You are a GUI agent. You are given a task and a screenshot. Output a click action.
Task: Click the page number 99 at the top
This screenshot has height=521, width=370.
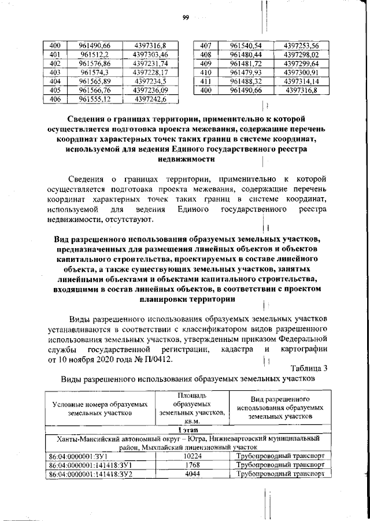pyautogui.click(x=186, y=17)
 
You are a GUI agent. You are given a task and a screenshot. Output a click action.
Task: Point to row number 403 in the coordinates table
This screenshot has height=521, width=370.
pyautogui.click(x=55, y=72)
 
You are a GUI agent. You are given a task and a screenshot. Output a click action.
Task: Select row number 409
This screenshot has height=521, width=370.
pyautogui.click(x=205, y=64)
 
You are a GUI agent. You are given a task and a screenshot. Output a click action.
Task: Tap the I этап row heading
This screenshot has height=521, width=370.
pyautogui.click(x=186, y=429)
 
